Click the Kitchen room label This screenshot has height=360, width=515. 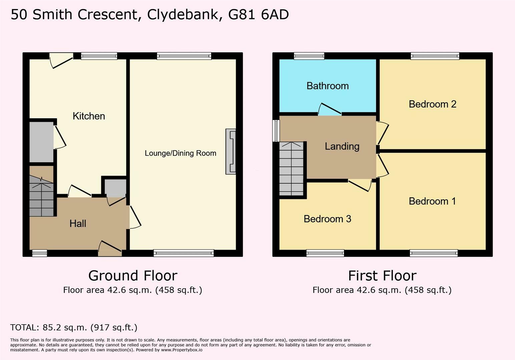click(89, 116)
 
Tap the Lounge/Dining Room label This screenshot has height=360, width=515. click(180, 153)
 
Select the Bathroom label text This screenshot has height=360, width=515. click(328, 86)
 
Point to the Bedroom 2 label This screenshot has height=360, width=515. click(433, 104)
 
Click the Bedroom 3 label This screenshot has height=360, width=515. click(328, 219)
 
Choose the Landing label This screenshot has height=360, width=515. click(342, 146)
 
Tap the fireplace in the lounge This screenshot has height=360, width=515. click(231, 152)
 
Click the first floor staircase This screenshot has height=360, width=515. click(291, 169)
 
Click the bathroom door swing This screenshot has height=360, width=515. click(330, 109)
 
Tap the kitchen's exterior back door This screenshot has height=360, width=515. click(61, 60)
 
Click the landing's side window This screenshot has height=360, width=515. click(276, 131)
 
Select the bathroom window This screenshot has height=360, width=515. click(309, 56)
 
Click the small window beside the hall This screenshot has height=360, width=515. click(40, 253)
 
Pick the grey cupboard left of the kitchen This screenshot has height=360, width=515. click(42, 142)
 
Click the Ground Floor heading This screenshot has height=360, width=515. click(133, 276)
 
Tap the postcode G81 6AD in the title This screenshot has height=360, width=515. click(259, 15)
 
